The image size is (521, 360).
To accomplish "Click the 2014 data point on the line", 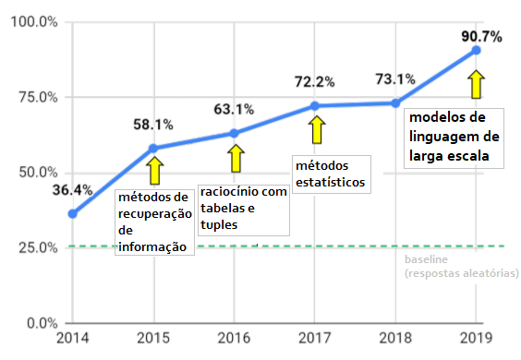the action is pos(72,214).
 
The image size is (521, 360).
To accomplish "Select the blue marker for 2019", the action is pos(476,50).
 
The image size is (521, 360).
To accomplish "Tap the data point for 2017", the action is pos(314,106).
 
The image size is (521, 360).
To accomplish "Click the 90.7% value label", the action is pos(481,37).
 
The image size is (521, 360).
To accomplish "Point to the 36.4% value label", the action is pos(72,190).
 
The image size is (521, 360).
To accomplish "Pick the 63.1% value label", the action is pos(234,109).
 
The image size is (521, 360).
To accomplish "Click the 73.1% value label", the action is pos(395,79).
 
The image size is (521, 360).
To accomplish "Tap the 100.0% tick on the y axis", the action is pos(34,22).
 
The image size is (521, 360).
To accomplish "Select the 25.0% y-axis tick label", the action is pos(38,247).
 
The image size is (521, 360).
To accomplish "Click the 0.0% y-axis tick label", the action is pos(42,323).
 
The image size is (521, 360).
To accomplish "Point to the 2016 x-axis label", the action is pos(234,338).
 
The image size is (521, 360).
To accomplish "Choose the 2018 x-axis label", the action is pos(395,338).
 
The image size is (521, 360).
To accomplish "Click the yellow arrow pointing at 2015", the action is pos(154,171).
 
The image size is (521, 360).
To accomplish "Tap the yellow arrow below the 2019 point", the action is pos(476,84).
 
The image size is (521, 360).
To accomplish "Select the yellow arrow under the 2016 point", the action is pos(236,158).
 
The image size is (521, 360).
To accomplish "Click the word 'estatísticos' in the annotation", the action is pos(331,182).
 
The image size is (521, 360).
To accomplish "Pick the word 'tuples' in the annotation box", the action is pos(219,225).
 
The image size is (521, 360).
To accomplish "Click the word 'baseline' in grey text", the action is pos(426,259).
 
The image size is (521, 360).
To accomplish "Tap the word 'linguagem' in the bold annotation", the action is pos(454,137).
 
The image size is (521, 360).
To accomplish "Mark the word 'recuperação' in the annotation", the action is pos(155,214).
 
